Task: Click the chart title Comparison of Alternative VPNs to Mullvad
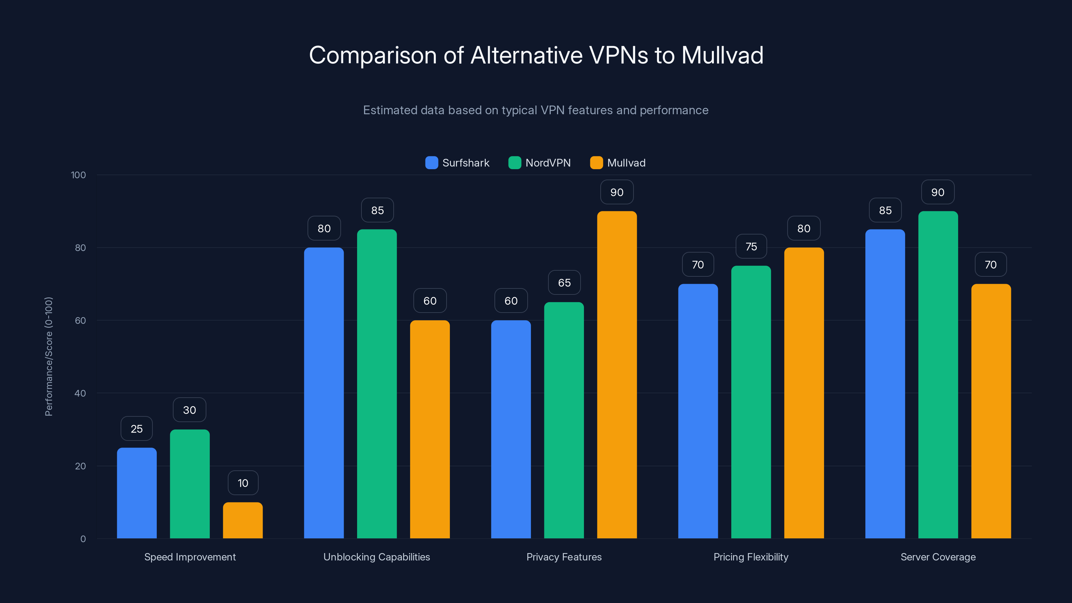536,55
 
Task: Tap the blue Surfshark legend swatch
431,163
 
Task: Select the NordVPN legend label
548,163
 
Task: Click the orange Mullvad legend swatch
596,163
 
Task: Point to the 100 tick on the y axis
78,175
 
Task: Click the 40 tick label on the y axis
80,393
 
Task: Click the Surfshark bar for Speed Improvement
136,493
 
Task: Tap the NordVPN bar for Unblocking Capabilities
377,384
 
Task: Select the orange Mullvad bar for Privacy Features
617,375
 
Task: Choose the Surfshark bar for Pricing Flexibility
698,411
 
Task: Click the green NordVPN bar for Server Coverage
938,375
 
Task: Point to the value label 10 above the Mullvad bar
243,483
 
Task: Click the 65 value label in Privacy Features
564,283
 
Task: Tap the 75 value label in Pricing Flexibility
751,247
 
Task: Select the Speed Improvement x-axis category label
190,557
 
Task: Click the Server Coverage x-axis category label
938,557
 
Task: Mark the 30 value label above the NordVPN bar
189,410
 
